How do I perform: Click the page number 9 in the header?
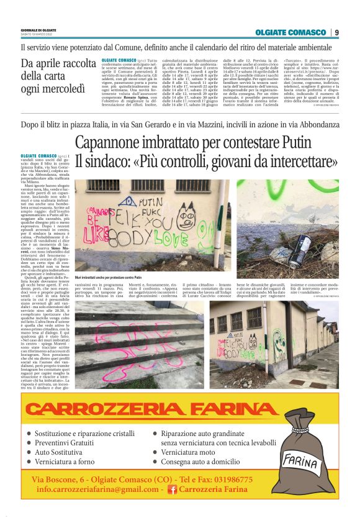pyautogui.click(x=336, y=32)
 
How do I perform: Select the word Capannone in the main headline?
pyautogui.click(x=112, y=142)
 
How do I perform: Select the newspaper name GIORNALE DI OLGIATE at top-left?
pyautogui.click(x=38, y=30)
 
